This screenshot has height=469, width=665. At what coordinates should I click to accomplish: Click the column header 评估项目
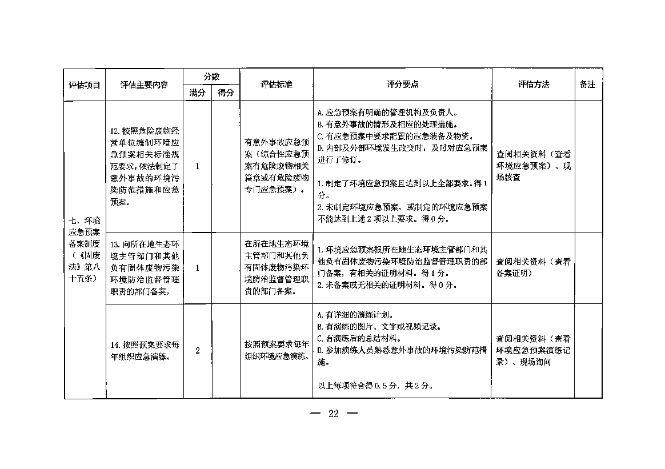84,85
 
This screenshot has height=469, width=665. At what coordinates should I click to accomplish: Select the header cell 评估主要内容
144,85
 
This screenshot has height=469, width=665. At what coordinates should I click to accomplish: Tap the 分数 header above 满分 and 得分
212,77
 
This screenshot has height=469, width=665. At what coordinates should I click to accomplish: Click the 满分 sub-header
197,93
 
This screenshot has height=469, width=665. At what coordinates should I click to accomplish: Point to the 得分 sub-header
226,93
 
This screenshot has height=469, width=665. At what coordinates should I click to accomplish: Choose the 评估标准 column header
277,85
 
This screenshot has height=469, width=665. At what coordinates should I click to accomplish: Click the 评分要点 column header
402,85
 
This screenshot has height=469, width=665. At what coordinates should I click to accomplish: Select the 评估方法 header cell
533,85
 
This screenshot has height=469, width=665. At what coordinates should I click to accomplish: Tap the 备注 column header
587,85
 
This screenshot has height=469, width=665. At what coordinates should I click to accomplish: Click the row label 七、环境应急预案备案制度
84,249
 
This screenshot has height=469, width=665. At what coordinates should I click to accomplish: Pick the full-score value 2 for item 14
197,351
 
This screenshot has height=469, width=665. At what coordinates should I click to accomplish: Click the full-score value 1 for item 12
197,166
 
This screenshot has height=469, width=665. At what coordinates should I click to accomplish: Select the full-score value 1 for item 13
197,267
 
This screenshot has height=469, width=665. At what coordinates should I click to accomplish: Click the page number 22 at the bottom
334,414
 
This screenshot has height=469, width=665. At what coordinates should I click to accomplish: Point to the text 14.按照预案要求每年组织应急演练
144,351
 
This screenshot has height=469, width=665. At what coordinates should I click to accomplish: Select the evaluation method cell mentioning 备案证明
533,267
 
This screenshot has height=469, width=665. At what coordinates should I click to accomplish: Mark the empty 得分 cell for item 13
226,267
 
